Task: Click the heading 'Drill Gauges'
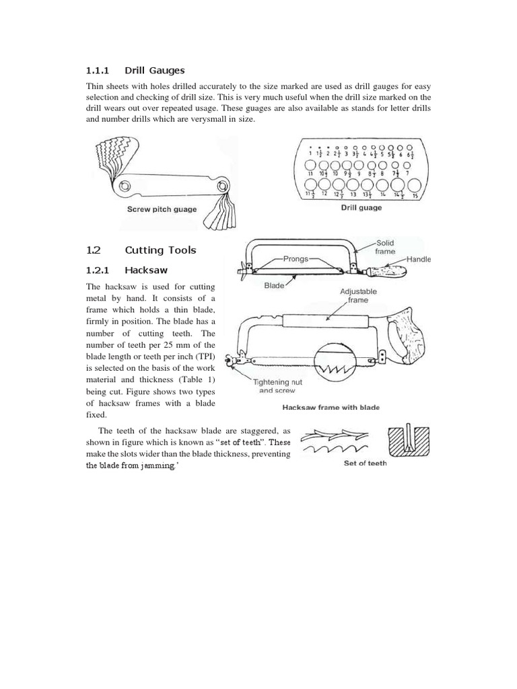click(154, 70)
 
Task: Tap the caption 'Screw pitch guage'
click(162, 209)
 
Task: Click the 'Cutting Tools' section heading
click(160, 250)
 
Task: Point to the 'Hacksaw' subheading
click(145, 270)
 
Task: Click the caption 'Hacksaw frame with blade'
click(331, 407)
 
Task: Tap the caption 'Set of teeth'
click(364, 463)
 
